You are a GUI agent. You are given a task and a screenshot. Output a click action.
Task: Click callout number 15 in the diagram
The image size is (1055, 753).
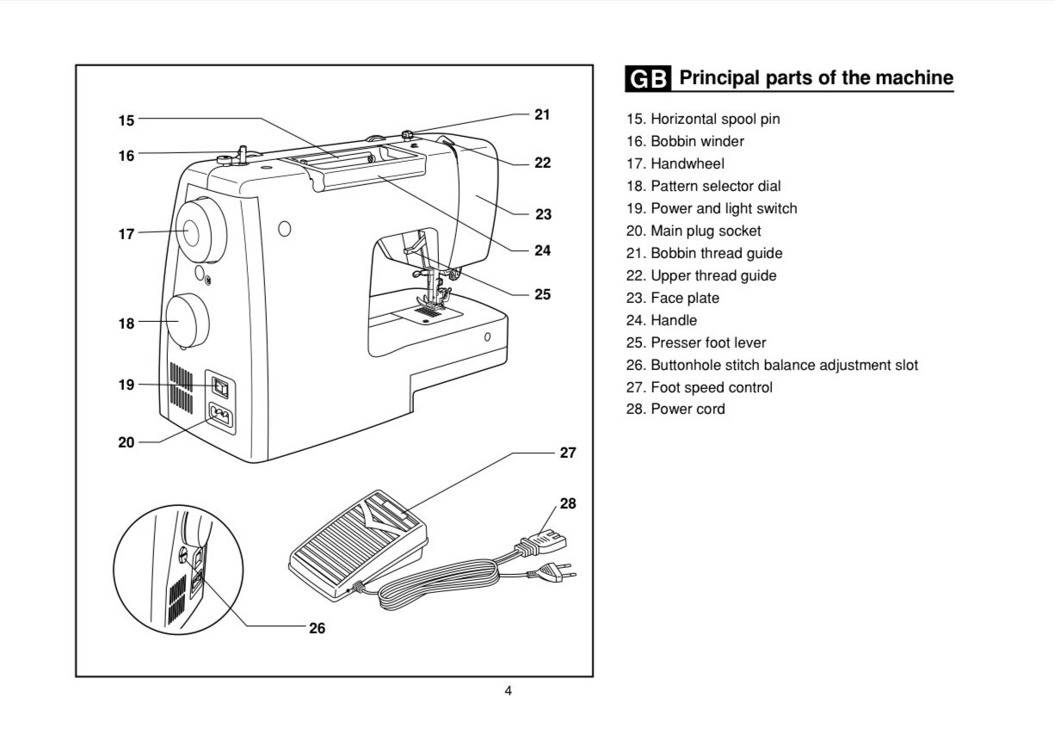[126, 120]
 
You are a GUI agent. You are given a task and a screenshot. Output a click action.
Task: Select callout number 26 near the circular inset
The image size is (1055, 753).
[317, 628]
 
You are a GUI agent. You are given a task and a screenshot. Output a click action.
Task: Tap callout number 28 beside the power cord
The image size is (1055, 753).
[568, 503]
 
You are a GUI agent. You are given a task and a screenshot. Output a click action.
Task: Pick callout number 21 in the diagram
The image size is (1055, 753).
[542, 114]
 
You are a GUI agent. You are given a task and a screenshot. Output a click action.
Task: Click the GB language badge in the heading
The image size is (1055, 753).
[648, 78]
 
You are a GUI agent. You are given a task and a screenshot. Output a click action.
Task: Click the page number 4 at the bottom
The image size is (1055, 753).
[508, 691]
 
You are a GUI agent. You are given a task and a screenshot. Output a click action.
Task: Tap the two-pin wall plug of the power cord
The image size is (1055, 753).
[552, 572]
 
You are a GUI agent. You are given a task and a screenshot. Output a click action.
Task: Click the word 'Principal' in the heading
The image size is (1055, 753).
[719, 77]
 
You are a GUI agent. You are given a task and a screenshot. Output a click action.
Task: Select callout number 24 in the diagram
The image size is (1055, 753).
[542, 250]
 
